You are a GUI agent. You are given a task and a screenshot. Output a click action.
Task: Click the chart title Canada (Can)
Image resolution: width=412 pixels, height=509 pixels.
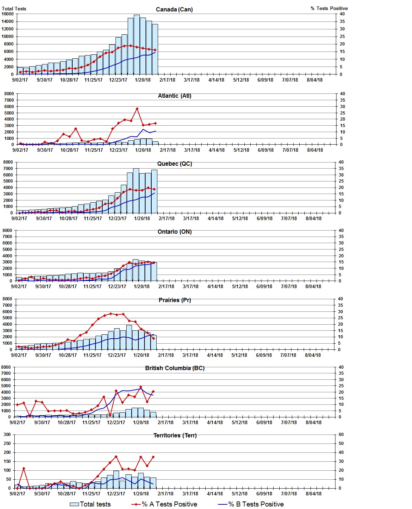tap(174, 9)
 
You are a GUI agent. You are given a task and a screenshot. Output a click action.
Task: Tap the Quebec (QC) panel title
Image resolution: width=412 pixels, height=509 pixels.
tap(175, 164)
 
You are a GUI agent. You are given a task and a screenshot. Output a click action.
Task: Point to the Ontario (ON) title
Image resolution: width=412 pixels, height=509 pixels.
tap(175, 232)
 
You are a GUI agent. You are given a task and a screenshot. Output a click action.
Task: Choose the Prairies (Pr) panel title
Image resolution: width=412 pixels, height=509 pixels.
tap(175, 300)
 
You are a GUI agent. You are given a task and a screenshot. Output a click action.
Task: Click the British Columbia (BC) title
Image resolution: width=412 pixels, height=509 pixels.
tap(175, 368)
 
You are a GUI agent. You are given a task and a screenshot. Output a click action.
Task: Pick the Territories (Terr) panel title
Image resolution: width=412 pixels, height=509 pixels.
tap(175, 435)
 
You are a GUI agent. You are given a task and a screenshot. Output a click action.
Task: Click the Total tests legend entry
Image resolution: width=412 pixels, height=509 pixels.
tap(90, 504)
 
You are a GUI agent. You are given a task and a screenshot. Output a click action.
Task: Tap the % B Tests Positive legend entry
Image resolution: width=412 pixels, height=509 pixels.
tap(251, 504)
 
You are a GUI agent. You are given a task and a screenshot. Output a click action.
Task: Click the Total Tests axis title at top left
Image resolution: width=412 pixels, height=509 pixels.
tap(14, 9)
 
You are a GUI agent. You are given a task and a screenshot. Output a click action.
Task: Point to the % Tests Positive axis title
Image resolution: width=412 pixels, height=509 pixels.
tap(329, 8)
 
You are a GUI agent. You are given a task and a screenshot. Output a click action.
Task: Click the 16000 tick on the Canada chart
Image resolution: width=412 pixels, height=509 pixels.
tap(8, 14)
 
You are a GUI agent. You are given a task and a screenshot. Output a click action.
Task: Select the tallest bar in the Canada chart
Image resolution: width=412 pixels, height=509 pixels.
tap(137, 44)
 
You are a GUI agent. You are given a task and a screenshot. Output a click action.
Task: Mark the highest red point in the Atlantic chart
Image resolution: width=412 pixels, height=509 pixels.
tap(137, 109)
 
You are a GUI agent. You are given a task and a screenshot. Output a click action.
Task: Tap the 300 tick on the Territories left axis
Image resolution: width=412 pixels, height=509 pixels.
tap(7, 435)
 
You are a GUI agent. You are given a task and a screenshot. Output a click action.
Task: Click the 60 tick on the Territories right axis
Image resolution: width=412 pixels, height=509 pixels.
tap(341, 435)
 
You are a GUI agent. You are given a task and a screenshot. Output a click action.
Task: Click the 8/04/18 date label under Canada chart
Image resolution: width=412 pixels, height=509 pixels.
tap(314, 80)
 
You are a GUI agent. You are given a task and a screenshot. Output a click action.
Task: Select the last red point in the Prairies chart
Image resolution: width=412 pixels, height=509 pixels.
tap(154, 338)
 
